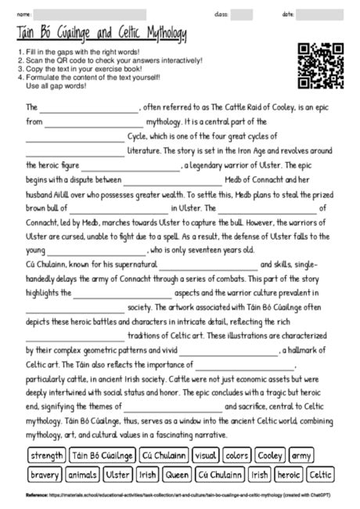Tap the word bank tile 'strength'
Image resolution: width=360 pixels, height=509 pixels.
click(x=46, y=455)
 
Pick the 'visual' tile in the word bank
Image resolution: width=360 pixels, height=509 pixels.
click(x=206, y=455)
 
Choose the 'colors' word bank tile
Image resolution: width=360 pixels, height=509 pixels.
click(x=237, y=455)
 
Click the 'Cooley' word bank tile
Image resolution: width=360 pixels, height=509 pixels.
click(x=270, y=455)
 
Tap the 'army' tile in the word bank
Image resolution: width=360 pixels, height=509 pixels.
click(x=302, y=455)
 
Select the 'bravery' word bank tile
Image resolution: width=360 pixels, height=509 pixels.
click(x=44, y=475)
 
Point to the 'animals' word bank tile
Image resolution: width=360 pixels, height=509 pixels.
click(x=82, y=475)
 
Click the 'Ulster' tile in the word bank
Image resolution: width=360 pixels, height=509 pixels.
click(x=118, y=475)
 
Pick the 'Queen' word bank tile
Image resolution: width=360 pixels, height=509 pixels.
click(x=178, y=475)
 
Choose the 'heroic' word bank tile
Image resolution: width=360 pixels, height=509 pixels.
click(x=288, y=475)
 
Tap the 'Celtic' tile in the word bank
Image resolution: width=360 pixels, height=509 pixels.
click(x=321, y=475)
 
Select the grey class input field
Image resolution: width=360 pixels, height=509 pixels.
click(x=242, y=14)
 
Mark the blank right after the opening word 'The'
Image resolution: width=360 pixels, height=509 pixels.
click(x=90, y=107)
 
